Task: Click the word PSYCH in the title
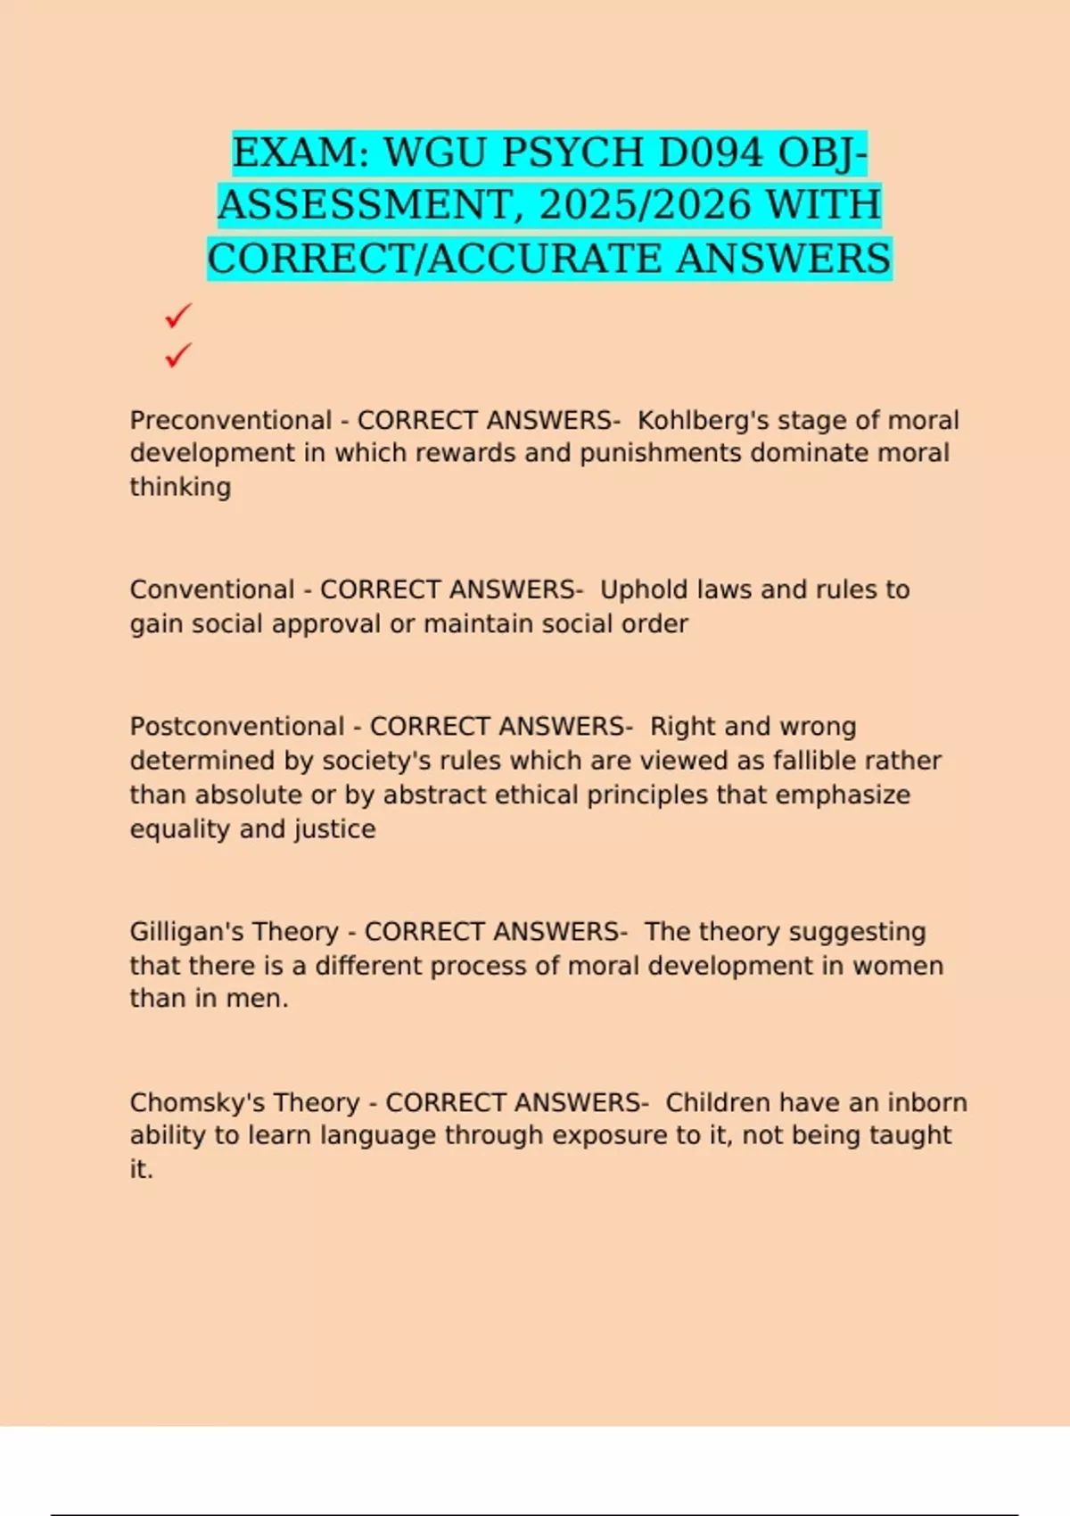click(572, 153)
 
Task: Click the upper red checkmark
click(178, 316)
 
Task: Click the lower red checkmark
click(178, 356)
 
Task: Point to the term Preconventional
click(231, 420)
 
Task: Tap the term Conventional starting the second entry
click(212, 589)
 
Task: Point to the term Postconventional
click(237, 727)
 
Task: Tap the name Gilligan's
click(188, 932)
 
